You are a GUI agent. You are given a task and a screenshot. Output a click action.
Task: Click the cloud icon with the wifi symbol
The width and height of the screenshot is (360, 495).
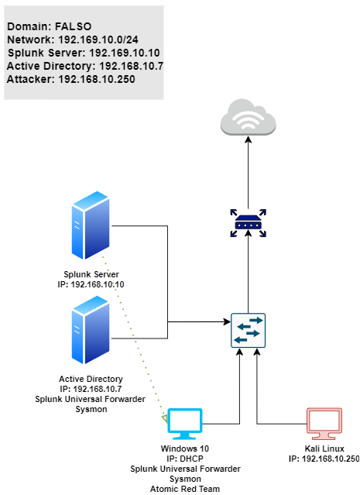(248, 117)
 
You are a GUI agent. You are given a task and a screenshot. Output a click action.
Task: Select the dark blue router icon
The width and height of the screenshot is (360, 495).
(248, 223)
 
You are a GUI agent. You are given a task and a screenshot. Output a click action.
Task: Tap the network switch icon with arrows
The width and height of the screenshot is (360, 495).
(248, 330)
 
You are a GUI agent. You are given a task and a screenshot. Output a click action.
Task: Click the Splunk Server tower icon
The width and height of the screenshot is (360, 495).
(91, 225)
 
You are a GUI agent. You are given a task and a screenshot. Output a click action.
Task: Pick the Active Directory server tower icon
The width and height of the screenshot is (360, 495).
(91, 330)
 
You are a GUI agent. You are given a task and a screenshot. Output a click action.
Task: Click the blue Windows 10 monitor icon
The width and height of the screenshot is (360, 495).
(184, 424)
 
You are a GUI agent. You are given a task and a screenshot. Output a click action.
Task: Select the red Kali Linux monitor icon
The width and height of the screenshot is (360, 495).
(324, 424)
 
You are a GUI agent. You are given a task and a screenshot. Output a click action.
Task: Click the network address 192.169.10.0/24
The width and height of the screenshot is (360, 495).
(98, 40)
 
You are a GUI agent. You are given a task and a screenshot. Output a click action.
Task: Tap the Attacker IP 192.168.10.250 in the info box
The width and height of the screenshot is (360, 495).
(97, 79)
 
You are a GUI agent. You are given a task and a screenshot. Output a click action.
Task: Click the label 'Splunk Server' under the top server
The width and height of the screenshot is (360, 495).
(91, 274)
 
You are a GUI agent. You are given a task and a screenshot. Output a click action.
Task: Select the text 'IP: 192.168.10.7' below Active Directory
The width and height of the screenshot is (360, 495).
(91, 389)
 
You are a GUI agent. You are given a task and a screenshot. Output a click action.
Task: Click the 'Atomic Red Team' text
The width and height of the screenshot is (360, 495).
(185, 489)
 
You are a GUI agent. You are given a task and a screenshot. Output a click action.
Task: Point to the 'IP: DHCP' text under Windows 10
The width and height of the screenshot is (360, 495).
(185, 459)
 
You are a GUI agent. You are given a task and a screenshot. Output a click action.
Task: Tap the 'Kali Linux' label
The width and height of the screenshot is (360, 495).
(324, 449)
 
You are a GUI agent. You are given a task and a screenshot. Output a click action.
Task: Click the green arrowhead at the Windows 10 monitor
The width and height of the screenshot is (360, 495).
(165, 419)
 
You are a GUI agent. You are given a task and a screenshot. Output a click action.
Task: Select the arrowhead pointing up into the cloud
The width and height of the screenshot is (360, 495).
(248, 139)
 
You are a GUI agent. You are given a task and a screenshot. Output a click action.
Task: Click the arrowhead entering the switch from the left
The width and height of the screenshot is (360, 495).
(227, 321)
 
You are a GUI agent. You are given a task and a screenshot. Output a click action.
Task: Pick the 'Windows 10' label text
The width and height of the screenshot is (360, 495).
(185, 449)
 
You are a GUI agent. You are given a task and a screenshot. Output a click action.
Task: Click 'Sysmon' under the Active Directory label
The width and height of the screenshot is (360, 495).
(91, 410)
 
